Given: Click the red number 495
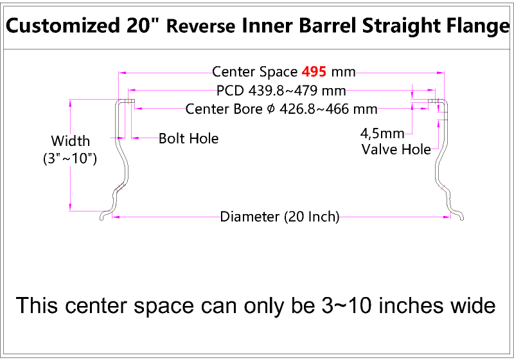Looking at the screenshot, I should click(x=314, y=71).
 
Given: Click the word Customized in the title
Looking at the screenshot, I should click(x=61, y=26).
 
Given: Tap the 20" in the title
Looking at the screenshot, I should click(x=145, y=26).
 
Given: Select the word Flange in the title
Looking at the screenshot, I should click(x=473, y=26).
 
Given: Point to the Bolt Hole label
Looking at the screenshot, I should click(x=188, y=138).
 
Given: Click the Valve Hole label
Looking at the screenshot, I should click(x=396, y=150).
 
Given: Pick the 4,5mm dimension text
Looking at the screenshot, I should click(x=382, y=134).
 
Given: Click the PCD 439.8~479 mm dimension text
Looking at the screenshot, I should click(x=281, y=90).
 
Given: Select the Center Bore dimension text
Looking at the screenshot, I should click(x=281, y=109).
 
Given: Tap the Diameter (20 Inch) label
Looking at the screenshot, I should click(x=279, y=217).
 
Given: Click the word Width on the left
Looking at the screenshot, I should click(x=70, y=141).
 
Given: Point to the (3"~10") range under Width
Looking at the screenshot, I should click(x=70, y=158).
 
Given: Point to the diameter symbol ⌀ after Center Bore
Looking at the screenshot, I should click(x=270, y=109).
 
